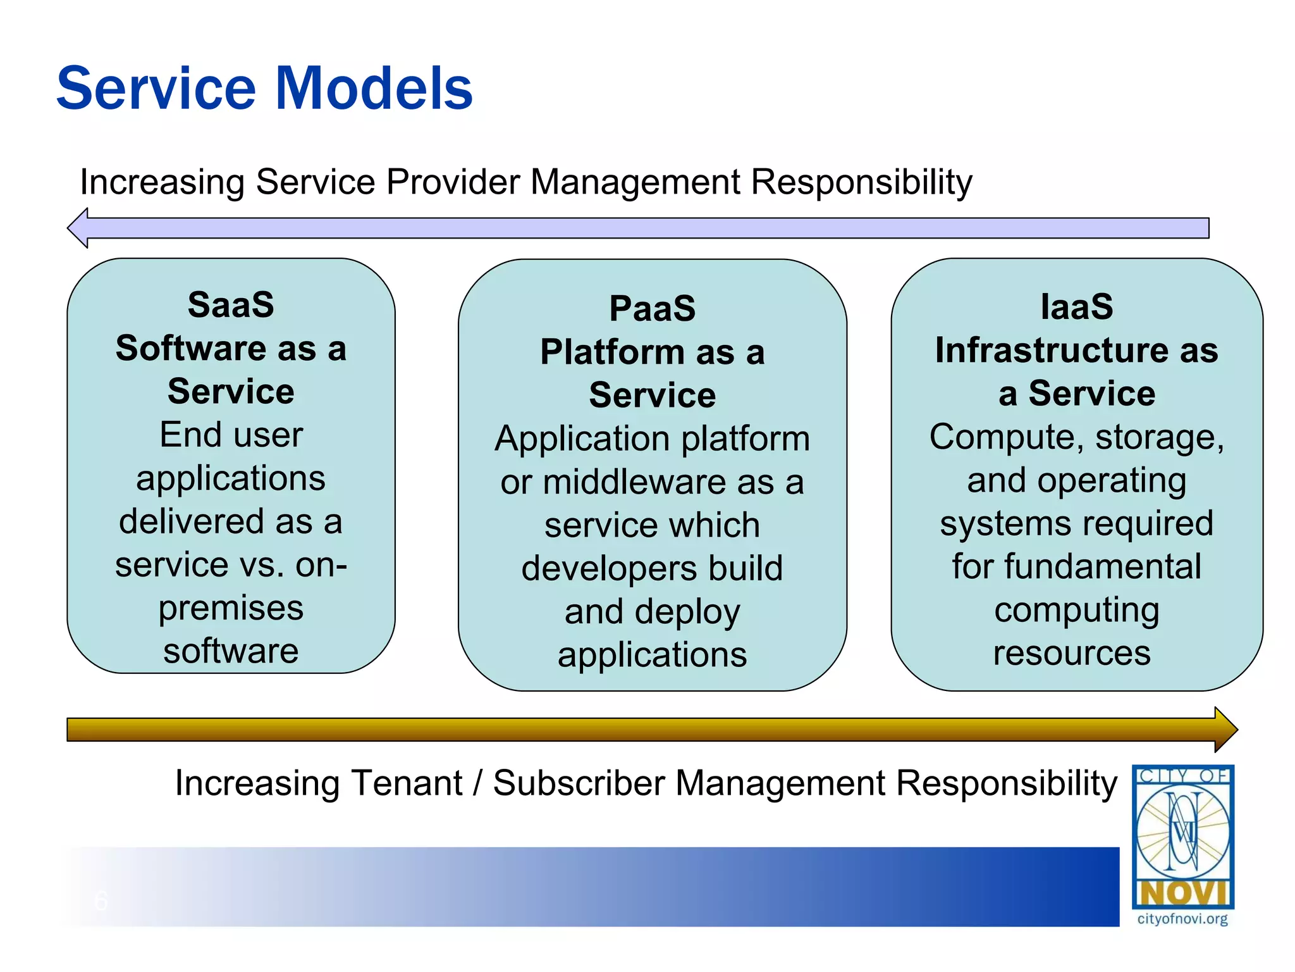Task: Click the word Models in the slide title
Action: (x=374, y=89)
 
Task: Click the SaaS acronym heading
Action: (x=231, y=305)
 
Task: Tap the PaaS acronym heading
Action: (x=652, y=309)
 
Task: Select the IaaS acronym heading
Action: (x=1077, y=307)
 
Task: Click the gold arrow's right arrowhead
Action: (x=1225, y=730)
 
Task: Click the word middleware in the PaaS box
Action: (x=634, y=483)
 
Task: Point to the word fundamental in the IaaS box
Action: (x=1102, y=566)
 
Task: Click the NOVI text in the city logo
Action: (x=1182, y=894)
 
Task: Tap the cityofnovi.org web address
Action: (x=1182, y=919)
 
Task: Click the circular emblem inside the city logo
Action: (x=1182, y=830)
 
